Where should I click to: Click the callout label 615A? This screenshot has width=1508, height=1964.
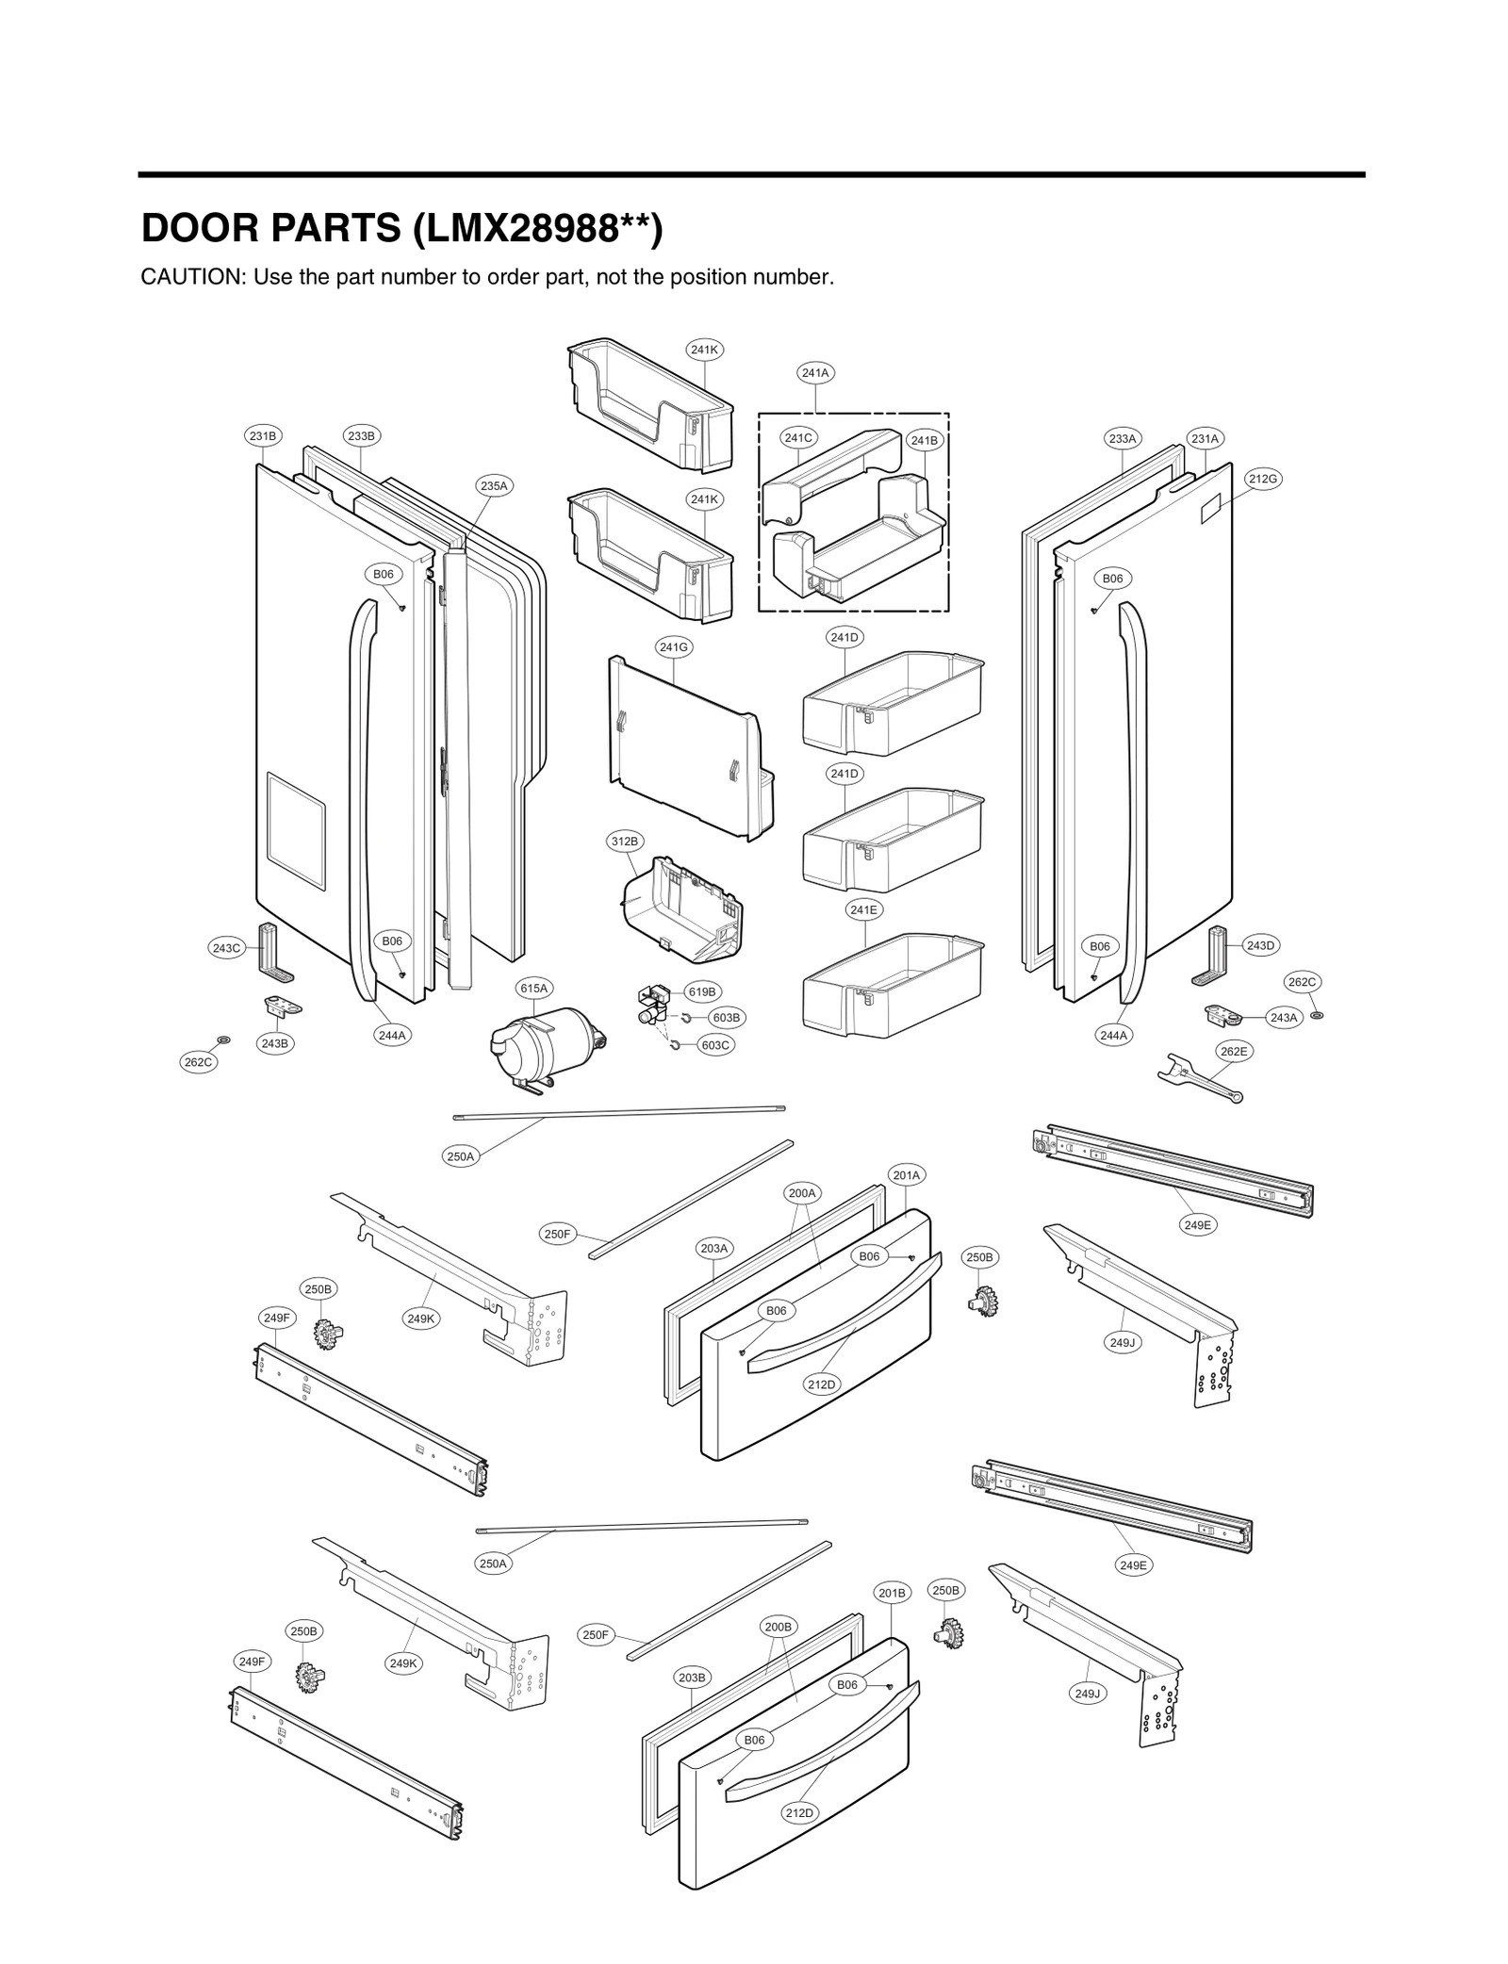pyautogui.click(x=533, y=989)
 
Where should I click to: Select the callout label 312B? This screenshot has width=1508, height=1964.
pyautogui.click(x=624, y=841)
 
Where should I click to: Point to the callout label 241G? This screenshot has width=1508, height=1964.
pyautogui.click(x=675, y=647)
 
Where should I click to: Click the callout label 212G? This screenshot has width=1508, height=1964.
pyautogui.click(x=1263, y=479)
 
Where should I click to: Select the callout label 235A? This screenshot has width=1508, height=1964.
pyautogui.click(x=494, y=486)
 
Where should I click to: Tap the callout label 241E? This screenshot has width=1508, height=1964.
pyautogui.click(x=863, y=910)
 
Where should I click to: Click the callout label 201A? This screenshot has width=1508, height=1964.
pyautogui.click(x=907, y=1175)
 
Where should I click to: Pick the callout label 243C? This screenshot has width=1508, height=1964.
pyautogui.click(x=226, y=948)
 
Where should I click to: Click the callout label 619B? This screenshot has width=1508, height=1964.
pyautogui.click(x=702, y=991)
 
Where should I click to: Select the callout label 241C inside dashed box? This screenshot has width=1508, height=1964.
pyautogui.click(x=799, y=437)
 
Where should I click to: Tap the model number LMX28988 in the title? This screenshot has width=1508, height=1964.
pyautogui.click(x=533, y=229)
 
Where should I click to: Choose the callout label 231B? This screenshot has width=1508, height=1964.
pyautogui.click(x=263, y=435)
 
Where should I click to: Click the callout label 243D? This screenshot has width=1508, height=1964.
pyautogui.click(x=1260, y=945)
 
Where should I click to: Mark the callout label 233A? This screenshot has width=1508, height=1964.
pyautogui.click(x=1123, y=438)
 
